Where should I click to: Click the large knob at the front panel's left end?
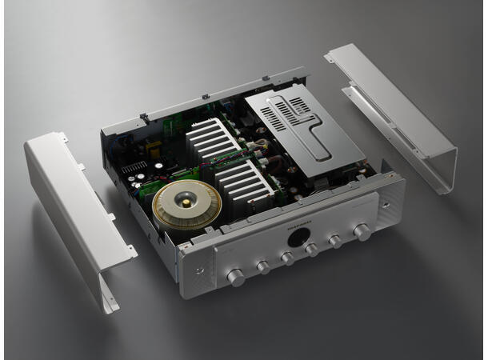coord(236,278)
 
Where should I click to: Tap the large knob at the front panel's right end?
coord(362,232)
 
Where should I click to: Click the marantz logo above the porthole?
coord(298,226)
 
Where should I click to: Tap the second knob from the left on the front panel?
coord(263,268)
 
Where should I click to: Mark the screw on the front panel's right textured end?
coord(391,196)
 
